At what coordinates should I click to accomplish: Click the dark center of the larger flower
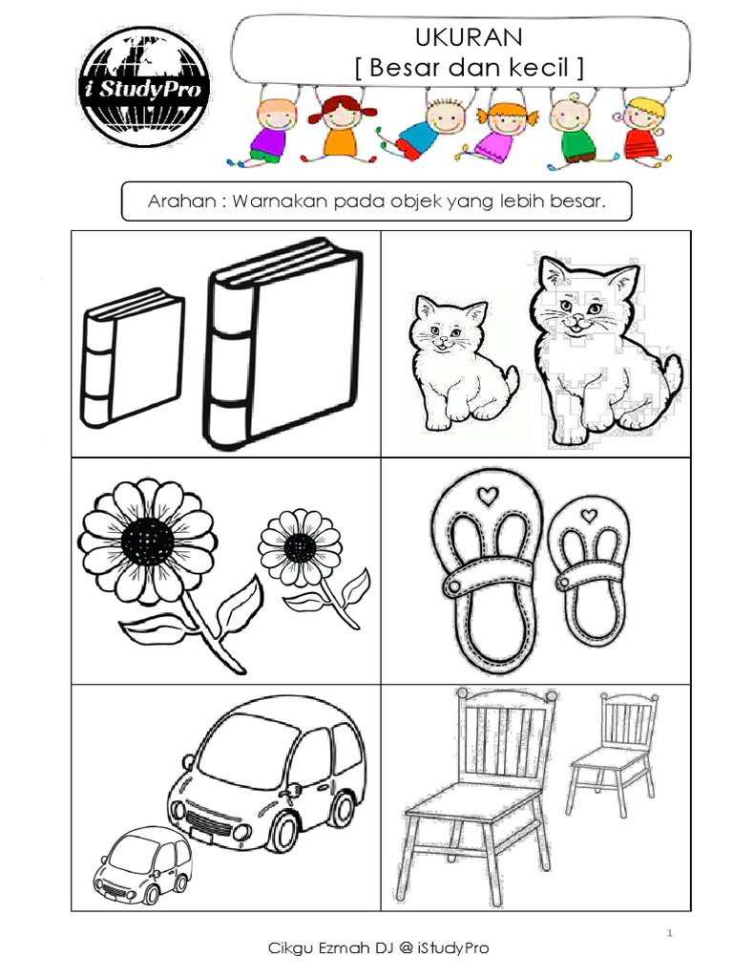pyautogui.click(x=147, y=542)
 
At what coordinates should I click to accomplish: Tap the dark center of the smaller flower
pyautogui.click(x=300, y=547)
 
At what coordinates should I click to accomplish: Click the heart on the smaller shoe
pyautogui.click(x=589, y=516)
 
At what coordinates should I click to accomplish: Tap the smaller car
pyautogui.click(x=140, y=865)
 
